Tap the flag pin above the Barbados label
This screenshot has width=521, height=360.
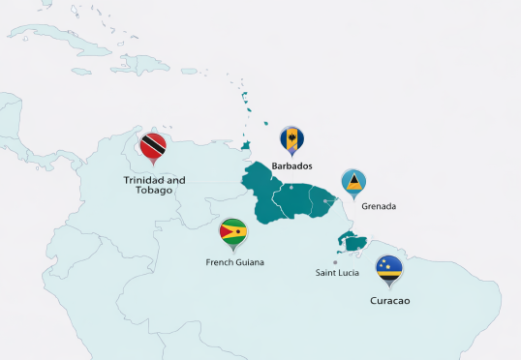[x=291, y=141]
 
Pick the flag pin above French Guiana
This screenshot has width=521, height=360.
[x=233, y=233]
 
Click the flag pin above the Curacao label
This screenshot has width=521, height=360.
[x=389, y=269]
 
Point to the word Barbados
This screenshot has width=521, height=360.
[x=291, y=166]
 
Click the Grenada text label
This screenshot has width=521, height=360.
[x=379, y=206]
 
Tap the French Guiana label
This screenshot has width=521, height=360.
[x=235, y=261]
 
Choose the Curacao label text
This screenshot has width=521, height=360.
[x=390, y=301]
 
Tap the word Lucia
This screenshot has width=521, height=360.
[x=351, y=273]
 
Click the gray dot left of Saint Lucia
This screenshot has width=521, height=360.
[x=335, y=261]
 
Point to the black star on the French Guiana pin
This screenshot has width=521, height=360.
[x=225, y=231]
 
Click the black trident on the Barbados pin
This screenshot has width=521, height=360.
[x=291, y=140]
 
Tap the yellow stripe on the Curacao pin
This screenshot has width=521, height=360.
[x=389, y=271]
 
